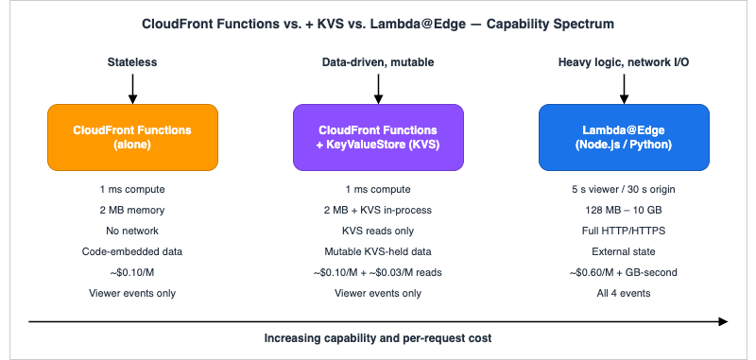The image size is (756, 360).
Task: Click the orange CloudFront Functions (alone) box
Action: coord(132,136)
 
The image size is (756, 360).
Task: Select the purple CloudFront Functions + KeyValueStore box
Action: coord(378,136)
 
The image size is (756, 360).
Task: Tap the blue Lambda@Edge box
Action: coord(623,136)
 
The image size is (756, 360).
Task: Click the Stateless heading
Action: coord(132,62)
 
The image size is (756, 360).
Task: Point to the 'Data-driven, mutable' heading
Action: coord(378,62)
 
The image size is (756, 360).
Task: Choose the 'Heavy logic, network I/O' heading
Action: coord(623,62)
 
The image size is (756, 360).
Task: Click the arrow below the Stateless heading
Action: coord(132,88)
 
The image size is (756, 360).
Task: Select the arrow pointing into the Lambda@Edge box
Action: coord(623,88)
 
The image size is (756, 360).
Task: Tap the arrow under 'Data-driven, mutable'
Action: coord(378,88)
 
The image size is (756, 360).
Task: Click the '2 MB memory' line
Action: coord(132,209)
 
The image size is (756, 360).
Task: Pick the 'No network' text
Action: coord(132,230)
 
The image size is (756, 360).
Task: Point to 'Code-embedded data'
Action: coord(132,250)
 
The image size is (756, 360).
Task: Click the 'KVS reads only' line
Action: coord(378,230)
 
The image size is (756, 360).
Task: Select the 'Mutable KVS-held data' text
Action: coord(378,250)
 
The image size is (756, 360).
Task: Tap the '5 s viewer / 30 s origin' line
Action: coord(623,188)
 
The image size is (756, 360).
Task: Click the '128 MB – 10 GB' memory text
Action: coord(623,209)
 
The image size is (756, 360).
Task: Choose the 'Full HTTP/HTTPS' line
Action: coord(623,230)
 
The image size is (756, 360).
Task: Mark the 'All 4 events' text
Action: coord(623,292)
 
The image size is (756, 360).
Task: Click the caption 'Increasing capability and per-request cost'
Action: coord(378,338)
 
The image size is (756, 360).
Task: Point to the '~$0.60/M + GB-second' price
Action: coord(623,271)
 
